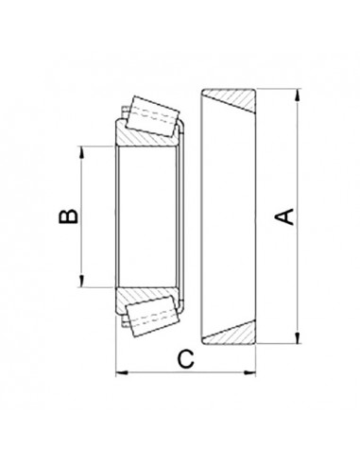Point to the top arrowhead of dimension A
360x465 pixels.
click(297, 95)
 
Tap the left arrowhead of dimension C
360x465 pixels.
click(119, 372)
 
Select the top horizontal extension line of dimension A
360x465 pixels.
click(279, 90)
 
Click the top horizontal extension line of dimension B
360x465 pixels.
click(99, 146)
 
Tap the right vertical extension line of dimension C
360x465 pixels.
click(258, 359)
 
